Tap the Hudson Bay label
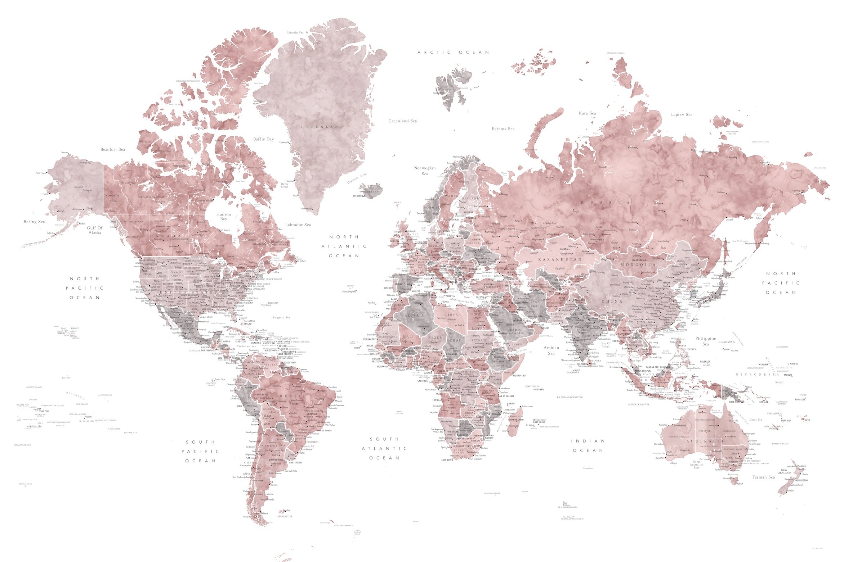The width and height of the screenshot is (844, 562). coord(223,216)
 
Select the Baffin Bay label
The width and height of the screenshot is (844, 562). coord(263,139)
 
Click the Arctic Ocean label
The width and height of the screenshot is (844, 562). coord(453,53)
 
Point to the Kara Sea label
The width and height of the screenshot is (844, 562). coord(587,113)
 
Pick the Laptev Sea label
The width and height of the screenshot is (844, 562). coord(682,114)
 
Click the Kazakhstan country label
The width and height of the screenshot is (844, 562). coord(560,259)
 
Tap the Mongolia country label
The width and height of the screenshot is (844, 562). coord(638,264)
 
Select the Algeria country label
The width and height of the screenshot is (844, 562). coord(414,315)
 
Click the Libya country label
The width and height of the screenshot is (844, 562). coord(451,314)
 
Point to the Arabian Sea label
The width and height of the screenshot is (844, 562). coord(551,350)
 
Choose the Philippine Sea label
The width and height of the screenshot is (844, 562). coord(705,341)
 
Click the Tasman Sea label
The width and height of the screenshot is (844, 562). coord(763,477)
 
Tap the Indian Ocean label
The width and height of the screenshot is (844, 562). coord(588,445)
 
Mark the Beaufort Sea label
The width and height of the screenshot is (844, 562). coord(113,149)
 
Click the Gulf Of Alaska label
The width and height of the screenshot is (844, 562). coord(95,230)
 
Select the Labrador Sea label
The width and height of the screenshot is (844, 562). coord(298,225)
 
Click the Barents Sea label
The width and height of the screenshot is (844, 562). coord(503,129)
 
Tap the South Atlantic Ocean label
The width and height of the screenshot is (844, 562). coord(384,448)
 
